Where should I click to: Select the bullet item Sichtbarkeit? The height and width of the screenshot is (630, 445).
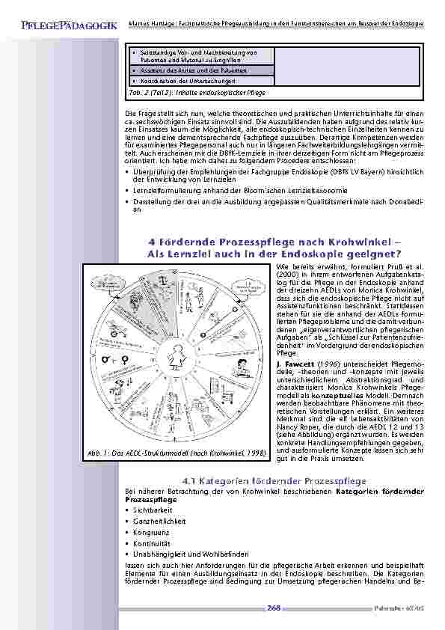(147, 510)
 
